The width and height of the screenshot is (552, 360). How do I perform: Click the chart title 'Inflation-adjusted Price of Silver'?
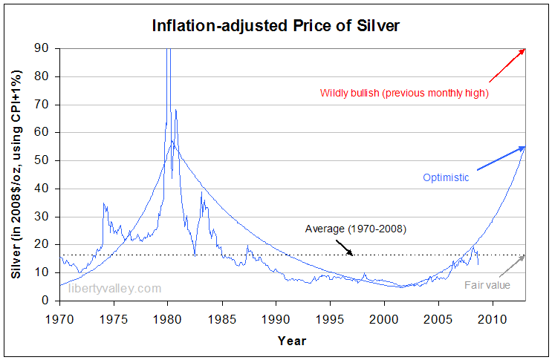click(275, 27)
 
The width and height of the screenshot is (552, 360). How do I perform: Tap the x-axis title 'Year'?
click(291, 341)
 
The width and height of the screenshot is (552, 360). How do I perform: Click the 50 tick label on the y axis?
click(46, 160)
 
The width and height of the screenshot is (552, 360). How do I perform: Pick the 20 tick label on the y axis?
click(46, 244)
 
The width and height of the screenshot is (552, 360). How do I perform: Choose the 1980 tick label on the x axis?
click(167, 318)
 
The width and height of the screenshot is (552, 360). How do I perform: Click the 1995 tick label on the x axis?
click(330, 318)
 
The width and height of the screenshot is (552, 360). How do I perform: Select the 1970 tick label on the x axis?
click(59, 318)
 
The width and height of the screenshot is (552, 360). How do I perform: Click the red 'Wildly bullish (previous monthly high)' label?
click(404, 94)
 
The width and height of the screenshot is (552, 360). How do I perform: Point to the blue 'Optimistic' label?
click(446, 177)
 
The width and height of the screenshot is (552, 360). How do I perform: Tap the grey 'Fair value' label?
click(487, 284)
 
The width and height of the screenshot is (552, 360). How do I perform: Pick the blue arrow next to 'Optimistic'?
click(500, 158)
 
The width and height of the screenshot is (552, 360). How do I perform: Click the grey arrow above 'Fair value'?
click(513, 264)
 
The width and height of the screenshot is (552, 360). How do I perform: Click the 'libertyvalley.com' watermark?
click(114, 288)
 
